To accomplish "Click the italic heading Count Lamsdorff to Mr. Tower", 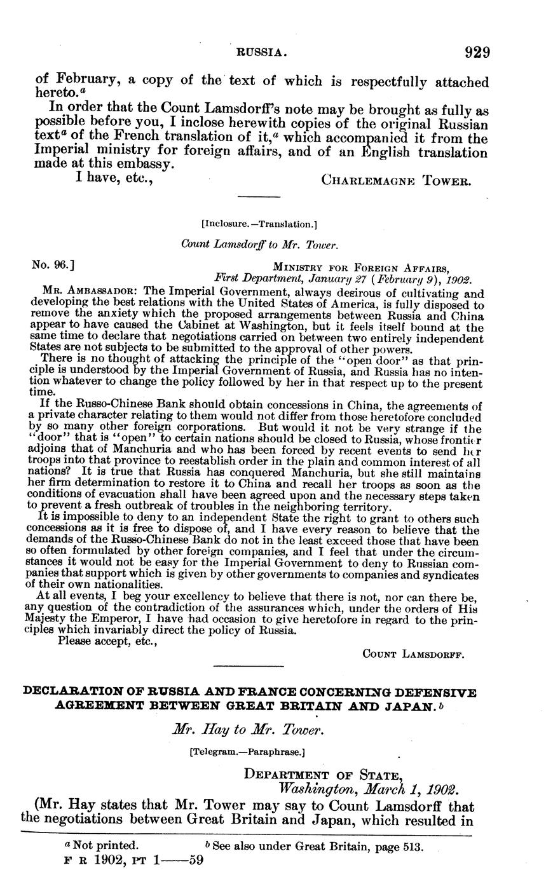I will pos(259,243).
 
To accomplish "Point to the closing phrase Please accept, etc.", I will pos(107,641).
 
